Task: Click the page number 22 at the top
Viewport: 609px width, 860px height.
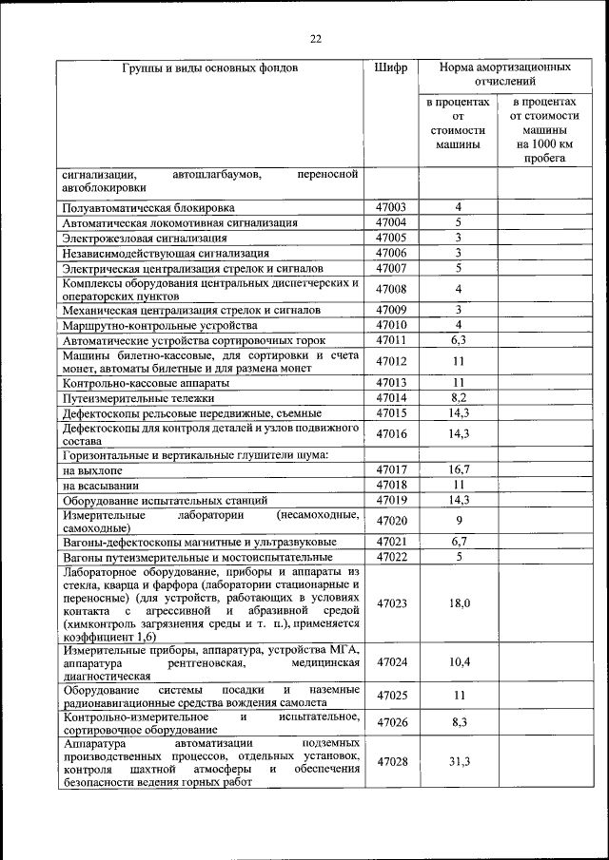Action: [x=315, y=39]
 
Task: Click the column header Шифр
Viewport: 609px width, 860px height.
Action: [x=390, y=68]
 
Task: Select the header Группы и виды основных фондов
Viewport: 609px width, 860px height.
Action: [x=209, y=68]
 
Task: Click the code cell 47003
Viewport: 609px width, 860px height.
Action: [x=390, y=207]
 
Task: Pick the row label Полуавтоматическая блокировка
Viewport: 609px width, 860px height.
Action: [x=147, y=207]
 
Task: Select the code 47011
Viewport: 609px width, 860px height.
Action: [x=390, y=339]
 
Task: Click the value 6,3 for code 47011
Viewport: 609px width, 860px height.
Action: [x=458, y=339]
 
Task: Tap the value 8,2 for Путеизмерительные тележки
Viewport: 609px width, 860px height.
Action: [x=458, y=398]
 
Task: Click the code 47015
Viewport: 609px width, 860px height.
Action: [x=390, y=413]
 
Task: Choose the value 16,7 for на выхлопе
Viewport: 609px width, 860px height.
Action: [x=458, y=469]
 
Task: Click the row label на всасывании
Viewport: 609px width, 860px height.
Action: [x=101, y=485]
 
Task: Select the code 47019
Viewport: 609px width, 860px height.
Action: [x=390, y=500]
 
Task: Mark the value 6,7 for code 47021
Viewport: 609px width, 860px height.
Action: [x=458, y=542]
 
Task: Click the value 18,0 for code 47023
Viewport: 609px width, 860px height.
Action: [x=458, y=603]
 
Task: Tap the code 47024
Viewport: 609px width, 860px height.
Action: [x=390, y=661]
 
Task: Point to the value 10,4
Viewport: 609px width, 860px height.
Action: [x=458, y=661]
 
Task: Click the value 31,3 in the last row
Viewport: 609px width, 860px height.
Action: [x=458, y=762]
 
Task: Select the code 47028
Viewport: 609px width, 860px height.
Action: [x=390, y=762]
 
